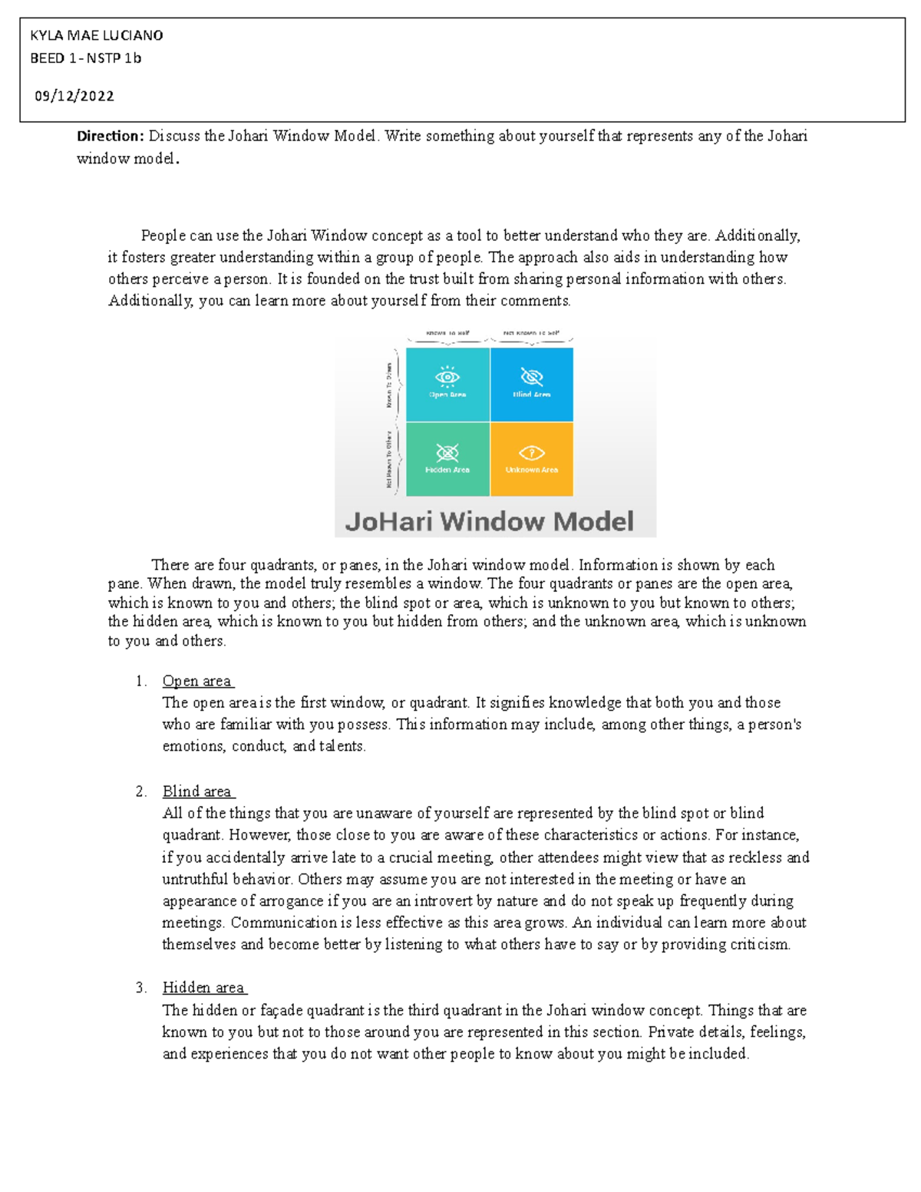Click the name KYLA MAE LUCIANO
(x=96, y=35)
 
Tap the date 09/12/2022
(x=74, y=96)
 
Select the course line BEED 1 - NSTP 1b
(x=85, y=58)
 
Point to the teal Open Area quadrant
(x=447, y=384)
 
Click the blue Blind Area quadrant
(x=532, y=384)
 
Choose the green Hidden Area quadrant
(x=447, y=459)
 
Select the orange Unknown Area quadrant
(x=532, y=459)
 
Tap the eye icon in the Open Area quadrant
(x=447, y=377)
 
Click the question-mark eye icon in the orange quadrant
(x=532, y=453)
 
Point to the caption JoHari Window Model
(x=490, y=522)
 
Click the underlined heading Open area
(x=197, y=681)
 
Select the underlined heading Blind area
(x=197, y=791)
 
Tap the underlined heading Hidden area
(x=203, y=988)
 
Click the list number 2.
(x=140, y=791)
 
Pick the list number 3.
(x=140, y=988)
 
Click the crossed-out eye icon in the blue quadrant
(x=532, y=377)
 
